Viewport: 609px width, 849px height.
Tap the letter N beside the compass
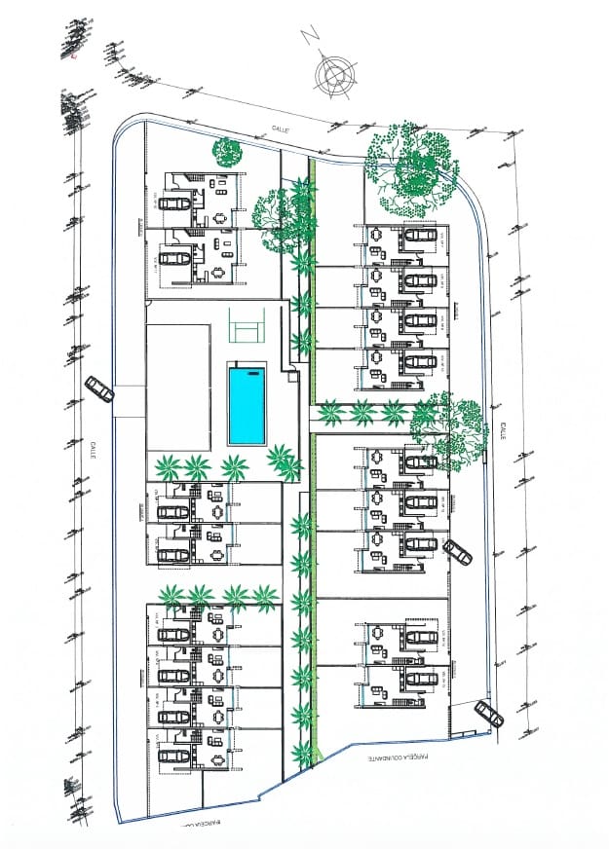coord(311,36)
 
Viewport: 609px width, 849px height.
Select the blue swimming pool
coord(247,403)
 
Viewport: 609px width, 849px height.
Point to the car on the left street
coord(99,388)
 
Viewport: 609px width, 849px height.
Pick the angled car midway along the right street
coord(456,551)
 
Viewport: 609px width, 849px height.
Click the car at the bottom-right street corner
coord(488,714)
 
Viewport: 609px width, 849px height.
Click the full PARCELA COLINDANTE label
coord(407,756)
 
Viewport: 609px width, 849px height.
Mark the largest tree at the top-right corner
coord(411,168)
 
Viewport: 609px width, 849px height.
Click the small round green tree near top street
coord(227,152)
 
